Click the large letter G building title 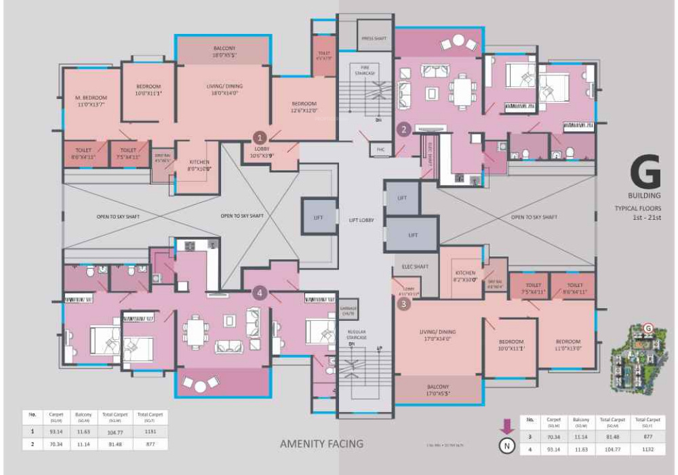[x=644, y=174]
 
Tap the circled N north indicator [x=506, y=446]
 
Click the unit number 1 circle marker [x=258, y=136]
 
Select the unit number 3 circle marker [x=405, y=304]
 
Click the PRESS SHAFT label [x=373, y=39]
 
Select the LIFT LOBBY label [x=361, y=221]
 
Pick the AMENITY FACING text [x=322, y=444]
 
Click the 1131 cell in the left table [x=150, y=431]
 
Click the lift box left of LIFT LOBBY [x=319, y=216]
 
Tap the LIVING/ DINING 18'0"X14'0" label [x=224, y=90]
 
